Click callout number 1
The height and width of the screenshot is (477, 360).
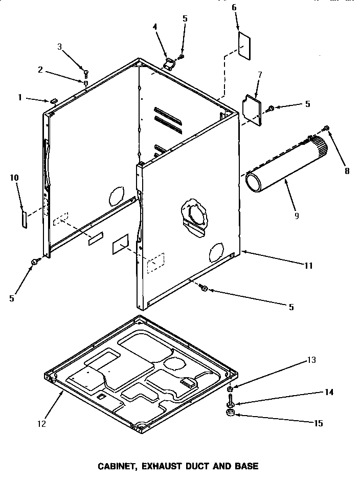tap(20, 97)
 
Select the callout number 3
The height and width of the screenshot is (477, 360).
tap(59, 47)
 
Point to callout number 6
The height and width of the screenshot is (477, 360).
tap(234, 7)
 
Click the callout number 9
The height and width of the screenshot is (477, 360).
tap(296, 215)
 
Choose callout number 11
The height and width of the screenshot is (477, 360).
tap(308, 266)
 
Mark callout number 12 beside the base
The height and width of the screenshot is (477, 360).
tap(41, 423)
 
